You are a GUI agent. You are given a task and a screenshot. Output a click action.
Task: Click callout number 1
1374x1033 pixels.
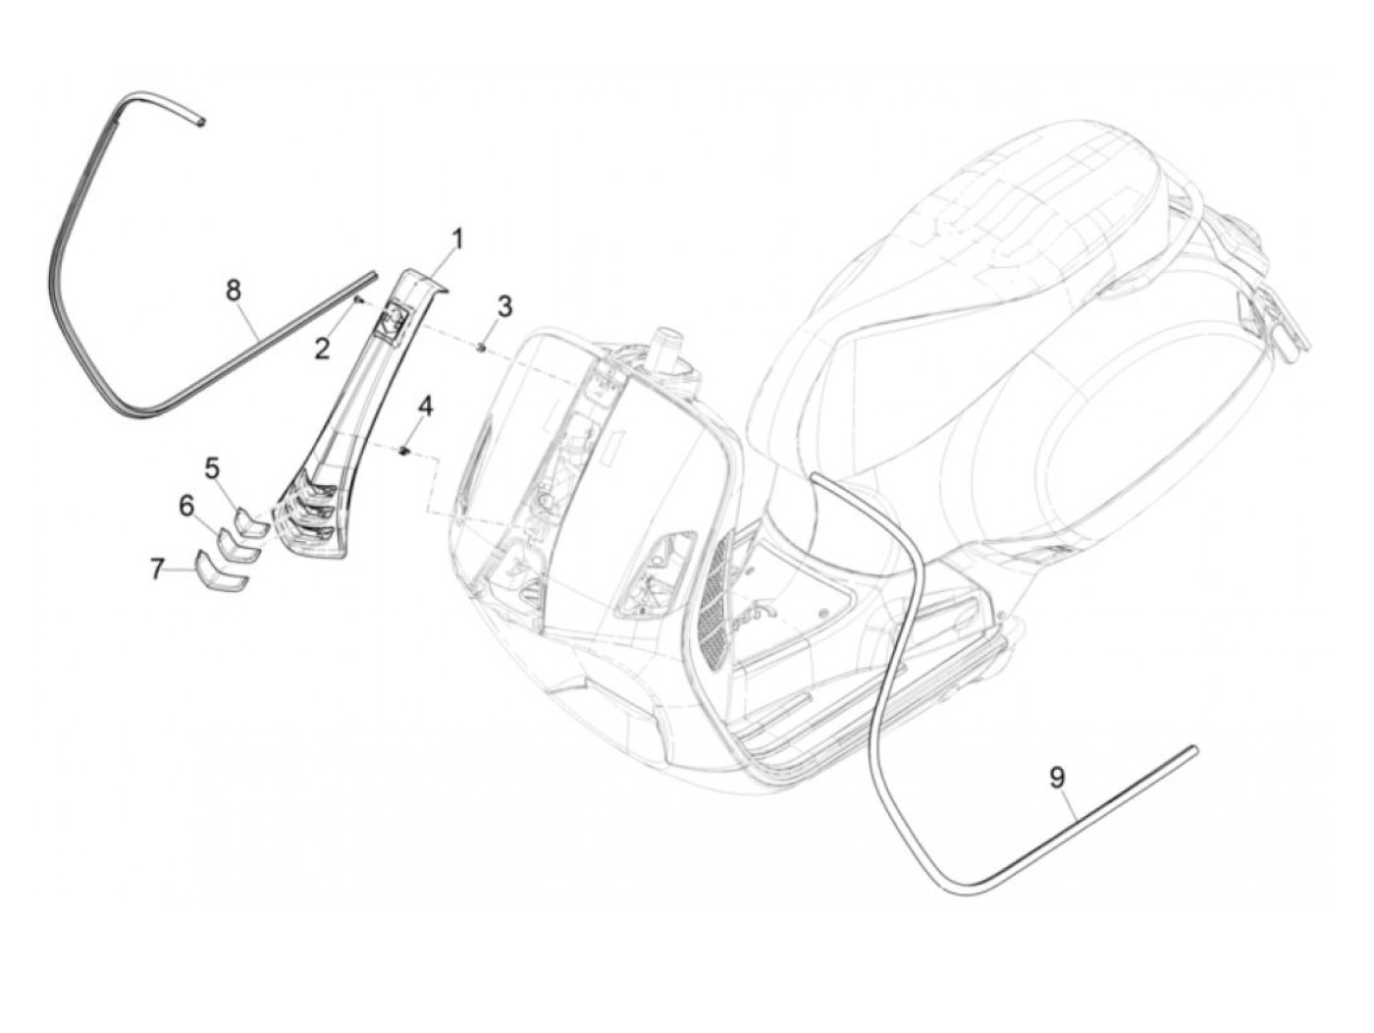(x=456, y=238)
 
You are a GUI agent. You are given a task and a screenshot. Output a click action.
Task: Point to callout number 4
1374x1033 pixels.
(x=424, y=407)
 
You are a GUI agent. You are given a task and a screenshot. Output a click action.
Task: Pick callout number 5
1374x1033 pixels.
(x=212, y=468)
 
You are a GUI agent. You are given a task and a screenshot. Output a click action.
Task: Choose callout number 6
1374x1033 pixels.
(x=186, y=507)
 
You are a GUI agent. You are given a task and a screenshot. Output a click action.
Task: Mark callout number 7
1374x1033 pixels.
(x=157, y=569)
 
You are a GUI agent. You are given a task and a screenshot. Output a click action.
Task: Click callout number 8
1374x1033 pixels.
(x=233, y=290)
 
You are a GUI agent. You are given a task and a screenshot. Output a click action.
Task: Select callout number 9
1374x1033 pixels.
(x=1056, y=778)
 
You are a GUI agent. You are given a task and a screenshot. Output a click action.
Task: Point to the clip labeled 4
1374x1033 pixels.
(x=403, y=450)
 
